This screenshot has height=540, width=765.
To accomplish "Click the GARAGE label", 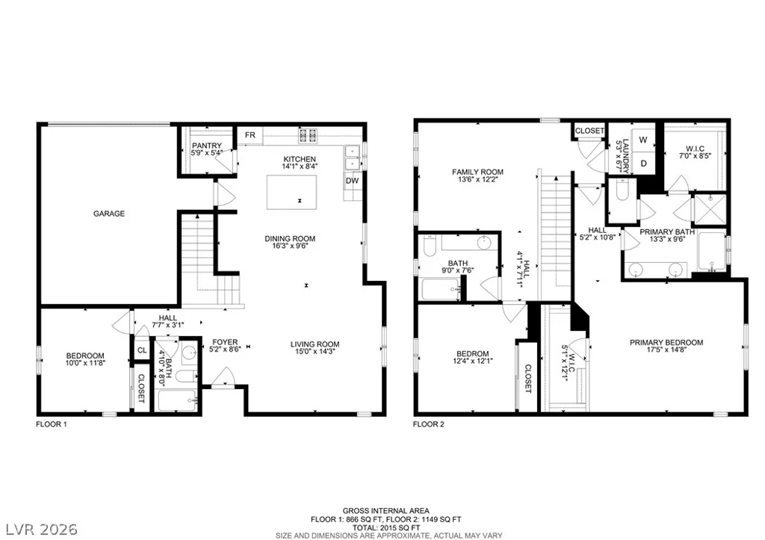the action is tap(109, 214).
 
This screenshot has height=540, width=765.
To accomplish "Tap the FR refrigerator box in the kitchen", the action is tap(250, 135).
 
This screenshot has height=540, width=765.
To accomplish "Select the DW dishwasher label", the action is tap(353, 181).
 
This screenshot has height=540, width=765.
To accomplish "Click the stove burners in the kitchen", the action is tap(308, 135).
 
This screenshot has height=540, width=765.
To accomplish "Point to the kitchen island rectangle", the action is tap(291, 192).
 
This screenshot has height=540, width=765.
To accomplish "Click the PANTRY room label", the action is tap(207, 146).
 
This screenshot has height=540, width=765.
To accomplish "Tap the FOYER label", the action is tap(224, 342).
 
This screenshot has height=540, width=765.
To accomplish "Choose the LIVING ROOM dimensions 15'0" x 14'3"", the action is tap(315, 351).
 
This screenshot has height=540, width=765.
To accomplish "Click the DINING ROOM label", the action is tap(290, 238).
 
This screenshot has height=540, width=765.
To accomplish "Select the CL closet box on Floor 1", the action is tap(142, 350).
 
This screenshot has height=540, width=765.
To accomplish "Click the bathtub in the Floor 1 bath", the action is tap(178, 400).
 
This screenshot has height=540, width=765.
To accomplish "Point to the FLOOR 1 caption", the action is tap(52, 424).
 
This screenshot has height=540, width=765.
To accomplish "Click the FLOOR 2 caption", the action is tap(428, 424).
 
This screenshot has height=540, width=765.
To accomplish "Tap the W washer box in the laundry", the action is tap(643, 140).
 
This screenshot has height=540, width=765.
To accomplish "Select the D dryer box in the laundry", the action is tap(643, 163).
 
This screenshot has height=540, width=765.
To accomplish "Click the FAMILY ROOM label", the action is tap(477, 172).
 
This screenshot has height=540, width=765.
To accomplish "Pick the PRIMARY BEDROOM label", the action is tap(666, 342).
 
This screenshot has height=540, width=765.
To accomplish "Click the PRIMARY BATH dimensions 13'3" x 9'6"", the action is tap(667, 239).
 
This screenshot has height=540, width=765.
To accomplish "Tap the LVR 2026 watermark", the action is tap(42, 530).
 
